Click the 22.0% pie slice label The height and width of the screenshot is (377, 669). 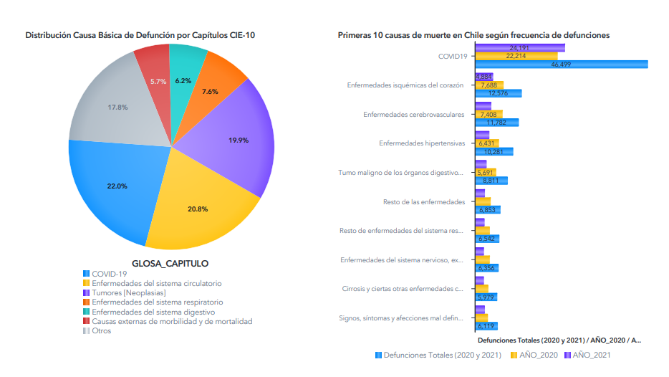click(x=117, y=186)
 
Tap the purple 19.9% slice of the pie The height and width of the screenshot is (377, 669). click(x=239, y=140)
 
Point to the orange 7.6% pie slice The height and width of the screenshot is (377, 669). click(x=210, y=91)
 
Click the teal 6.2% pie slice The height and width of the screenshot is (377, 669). click(x=183, y=80)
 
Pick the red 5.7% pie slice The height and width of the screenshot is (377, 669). click(x=158, y=81)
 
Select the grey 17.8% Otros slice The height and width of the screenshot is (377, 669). click(x=118, y=108)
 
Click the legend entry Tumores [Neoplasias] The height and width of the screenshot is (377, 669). click(x=128, y=292)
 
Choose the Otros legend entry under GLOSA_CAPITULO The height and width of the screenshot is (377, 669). click(x=101, y=331)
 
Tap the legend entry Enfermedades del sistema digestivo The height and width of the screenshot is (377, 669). click(x=153, y=312)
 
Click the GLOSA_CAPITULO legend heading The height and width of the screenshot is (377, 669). click(x=170, y=263)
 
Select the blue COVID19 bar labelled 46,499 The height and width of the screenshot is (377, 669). click(x=561, y=65)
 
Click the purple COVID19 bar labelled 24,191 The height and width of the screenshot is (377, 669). click(x=519, y=47)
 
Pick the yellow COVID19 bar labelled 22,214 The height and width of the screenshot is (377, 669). click(x=516, y=56)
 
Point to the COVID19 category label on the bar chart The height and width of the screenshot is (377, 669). click(x=453, y=56)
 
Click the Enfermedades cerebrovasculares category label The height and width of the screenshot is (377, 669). click(x=413, y=114)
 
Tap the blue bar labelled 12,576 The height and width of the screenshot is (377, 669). click(x=498, y=93)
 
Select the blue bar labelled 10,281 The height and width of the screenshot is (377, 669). click(x=494, y=151)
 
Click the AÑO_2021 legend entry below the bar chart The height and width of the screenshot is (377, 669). click(x=592, y=355)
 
